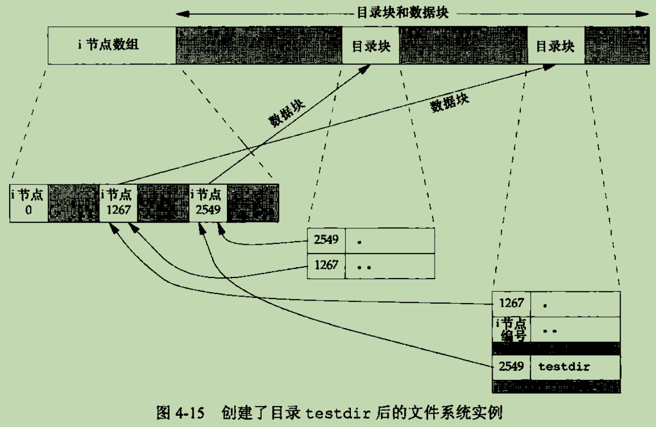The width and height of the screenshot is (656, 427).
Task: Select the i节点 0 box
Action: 29,203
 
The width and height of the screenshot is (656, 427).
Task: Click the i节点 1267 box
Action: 118,203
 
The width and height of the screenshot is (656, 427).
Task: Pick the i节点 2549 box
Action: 208,203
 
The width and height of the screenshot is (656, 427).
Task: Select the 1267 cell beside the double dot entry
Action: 326,266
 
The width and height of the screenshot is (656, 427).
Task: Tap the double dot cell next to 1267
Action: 390,266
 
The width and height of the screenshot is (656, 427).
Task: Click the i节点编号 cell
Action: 511,329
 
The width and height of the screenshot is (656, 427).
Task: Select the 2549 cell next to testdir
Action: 511,367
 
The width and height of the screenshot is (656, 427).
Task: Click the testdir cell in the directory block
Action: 575,367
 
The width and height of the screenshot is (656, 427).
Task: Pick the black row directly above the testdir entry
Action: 556,348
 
